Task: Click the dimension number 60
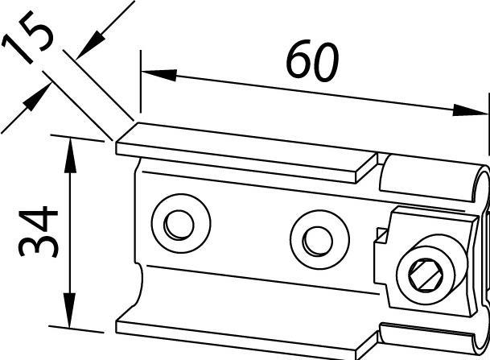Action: click(312, 60)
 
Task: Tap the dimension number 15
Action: click(27, 36)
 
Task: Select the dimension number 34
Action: click(38, 232)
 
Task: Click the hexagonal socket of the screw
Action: click(426, 275)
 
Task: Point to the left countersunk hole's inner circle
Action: click(179, 225)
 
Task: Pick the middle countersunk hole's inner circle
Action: click(318, 241)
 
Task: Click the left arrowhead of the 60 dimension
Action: click(159, 75)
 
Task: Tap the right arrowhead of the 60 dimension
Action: click(470, 110)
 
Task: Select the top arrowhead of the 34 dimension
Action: click(70, 155)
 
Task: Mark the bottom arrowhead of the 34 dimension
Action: click(70, 310)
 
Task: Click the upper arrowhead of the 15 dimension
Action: click(90, 46)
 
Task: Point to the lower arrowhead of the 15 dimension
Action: click(38, 97)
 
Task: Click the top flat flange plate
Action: click(247, 153)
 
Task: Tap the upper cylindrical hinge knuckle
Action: click(434, 178)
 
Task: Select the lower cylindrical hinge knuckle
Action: click(434, 339)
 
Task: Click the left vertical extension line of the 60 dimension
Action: click(141, 81)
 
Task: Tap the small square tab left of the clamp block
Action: click(381, 235)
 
